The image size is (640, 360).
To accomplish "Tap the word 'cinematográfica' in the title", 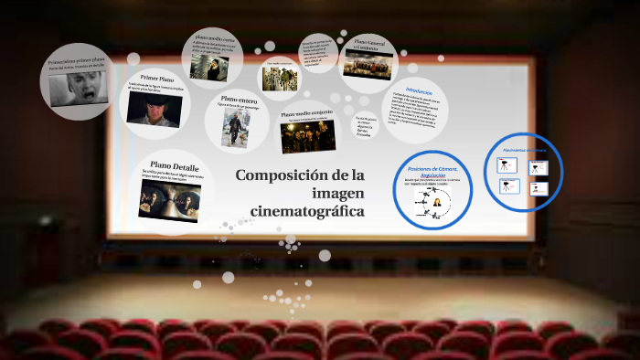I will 307,212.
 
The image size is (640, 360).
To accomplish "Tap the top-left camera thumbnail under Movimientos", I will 504,165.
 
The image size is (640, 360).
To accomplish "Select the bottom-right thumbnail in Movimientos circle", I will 539,188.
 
